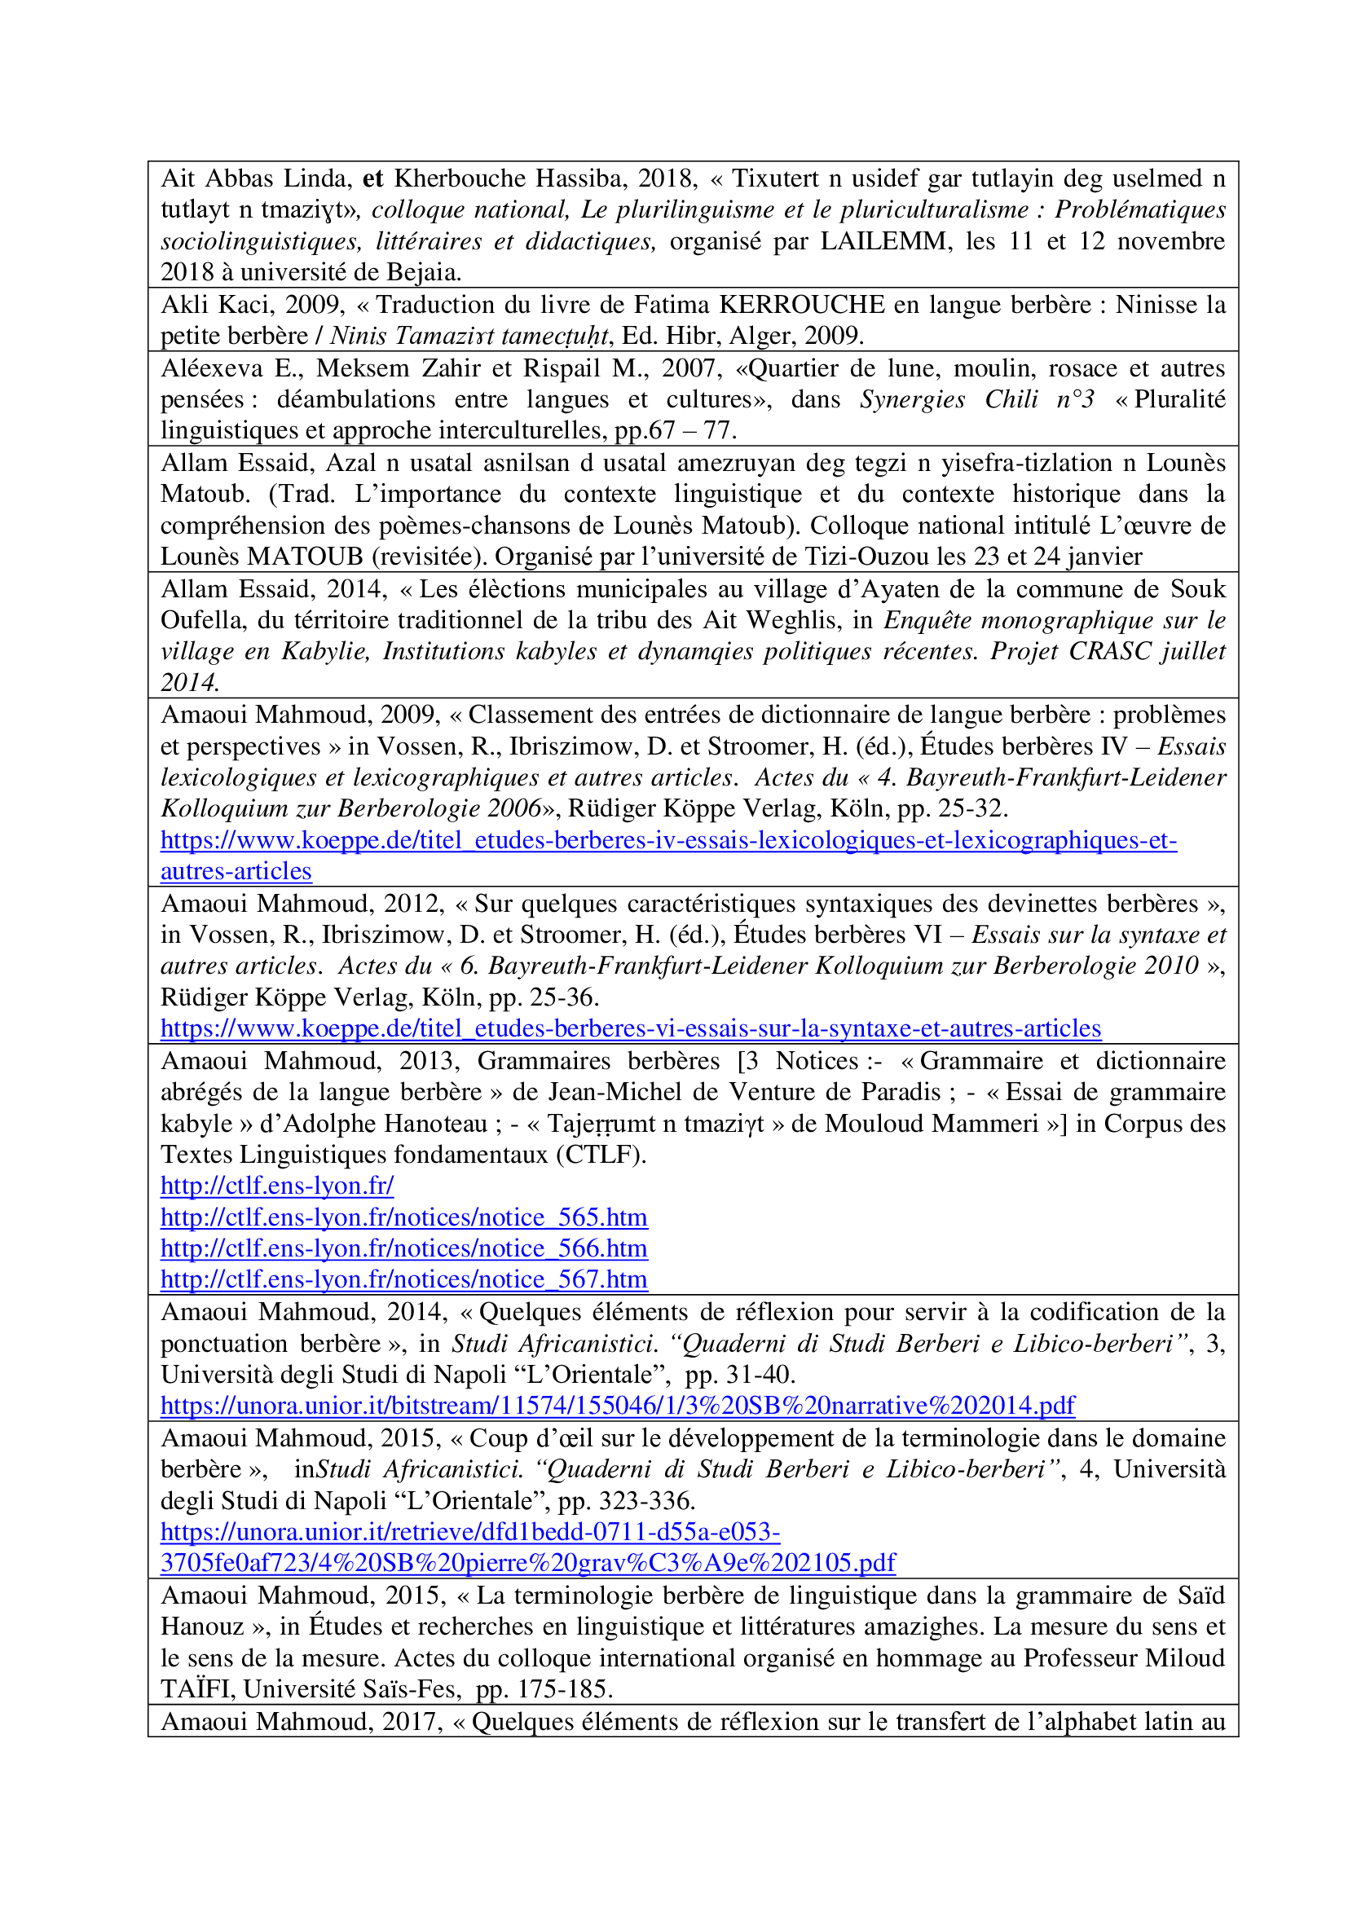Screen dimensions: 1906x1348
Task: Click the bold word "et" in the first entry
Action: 372,179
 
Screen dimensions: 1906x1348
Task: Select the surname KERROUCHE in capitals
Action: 801,305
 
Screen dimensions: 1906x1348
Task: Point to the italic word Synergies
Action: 911,399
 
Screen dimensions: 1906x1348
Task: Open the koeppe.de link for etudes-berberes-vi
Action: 630,1028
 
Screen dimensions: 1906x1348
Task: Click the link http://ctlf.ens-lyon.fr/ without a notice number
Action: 276,1186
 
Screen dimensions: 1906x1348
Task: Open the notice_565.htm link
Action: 403,1217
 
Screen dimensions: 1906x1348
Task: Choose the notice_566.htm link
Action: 403,1248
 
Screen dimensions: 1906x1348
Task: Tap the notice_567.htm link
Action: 403,1280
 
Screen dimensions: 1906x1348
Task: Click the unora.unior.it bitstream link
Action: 617,1406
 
